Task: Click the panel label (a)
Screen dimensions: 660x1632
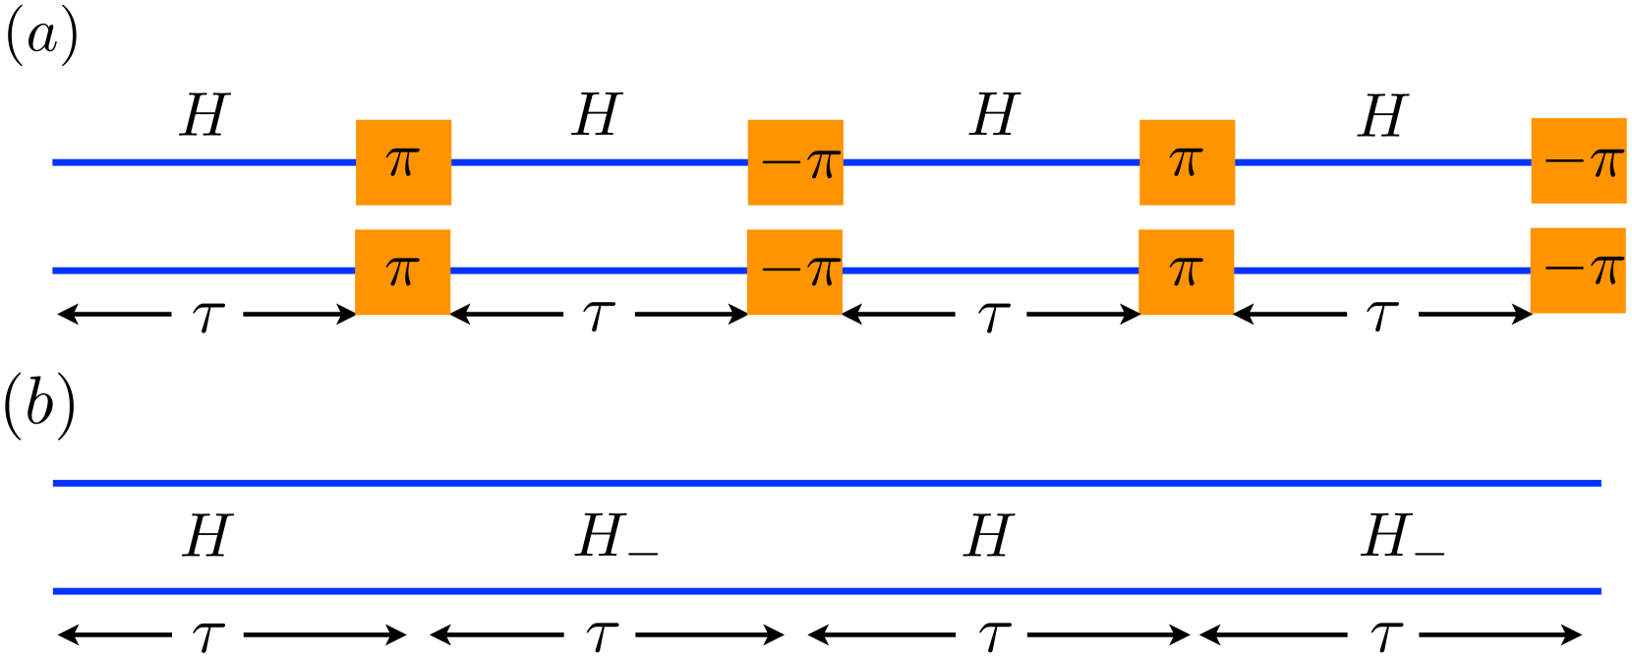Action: (41, 39)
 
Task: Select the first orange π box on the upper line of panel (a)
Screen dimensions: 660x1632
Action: (403, 162)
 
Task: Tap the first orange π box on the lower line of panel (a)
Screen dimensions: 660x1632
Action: (402, 271)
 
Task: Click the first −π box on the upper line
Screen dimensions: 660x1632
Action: (795, 162)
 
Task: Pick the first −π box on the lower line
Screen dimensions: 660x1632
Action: (794, 271)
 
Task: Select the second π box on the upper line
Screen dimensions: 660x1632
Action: (1187, 162)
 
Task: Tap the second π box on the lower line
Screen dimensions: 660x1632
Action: (1186, 271)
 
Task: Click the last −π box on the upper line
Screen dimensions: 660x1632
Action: (1579, 161)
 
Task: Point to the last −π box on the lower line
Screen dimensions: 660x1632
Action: (1578, 270)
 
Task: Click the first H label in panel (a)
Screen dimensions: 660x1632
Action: (204, 116)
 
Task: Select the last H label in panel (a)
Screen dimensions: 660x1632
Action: (1383, 116)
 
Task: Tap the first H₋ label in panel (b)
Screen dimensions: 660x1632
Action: (615, 538)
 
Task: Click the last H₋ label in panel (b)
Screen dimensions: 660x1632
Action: (1401, 538)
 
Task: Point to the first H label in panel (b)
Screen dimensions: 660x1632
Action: (206, 537)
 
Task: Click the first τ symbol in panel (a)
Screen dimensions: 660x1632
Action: (207, 317)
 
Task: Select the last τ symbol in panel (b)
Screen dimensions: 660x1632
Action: (1386, 636)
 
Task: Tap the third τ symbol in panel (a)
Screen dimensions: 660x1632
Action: (993, 317)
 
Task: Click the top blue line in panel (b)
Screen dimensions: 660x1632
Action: (826, 483)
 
